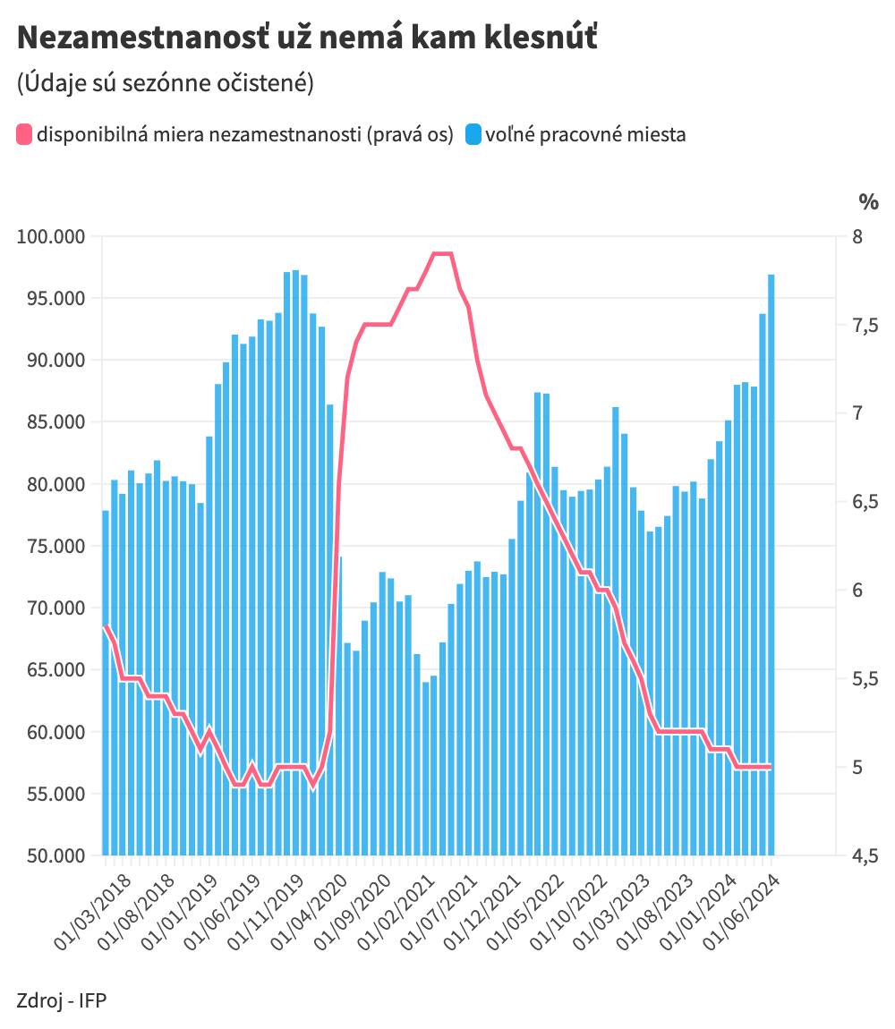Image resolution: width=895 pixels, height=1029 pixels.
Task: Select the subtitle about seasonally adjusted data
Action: tap(165, 83)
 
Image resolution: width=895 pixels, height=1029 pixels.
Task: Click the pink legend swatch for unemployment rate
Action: tap(24, 136)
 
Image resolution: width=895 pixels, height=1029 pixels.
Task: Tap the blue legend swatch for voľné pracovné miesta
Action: tap(473, 136)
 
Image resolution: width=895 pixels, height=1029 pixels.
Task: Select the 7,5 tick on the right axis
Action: tap(865, 326)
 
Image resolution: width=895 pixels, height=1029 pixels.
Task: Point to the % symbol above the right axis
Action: tap(868, 202)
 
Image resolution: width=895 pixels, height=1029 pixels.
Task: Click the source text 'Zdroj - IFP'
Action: tap(61, 999)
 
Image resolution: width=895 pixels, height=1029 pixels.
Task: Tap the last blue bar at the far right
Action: tap(771, 564)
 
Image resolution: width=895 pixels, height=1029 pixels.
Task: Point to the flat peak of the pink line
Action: tap(443, 254)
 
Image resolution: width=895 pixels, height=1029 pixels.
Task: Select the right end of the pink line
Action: tap(770, 767)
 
